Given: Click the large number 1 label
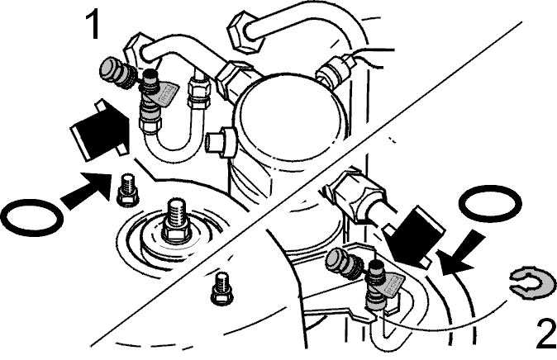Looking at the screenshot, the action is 93,25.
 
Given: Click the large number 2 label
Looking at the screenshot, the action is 546,334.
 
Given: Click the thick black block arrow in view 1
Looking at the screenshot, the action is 100,130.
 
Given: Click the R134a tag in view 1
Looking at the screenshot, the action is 168,93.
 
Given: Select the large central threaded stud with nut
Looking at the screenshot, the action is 177,222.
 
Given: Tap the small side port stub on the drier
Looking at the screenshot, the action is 221,142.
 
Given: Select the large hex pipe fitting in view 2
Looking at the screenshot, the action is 356,195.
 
